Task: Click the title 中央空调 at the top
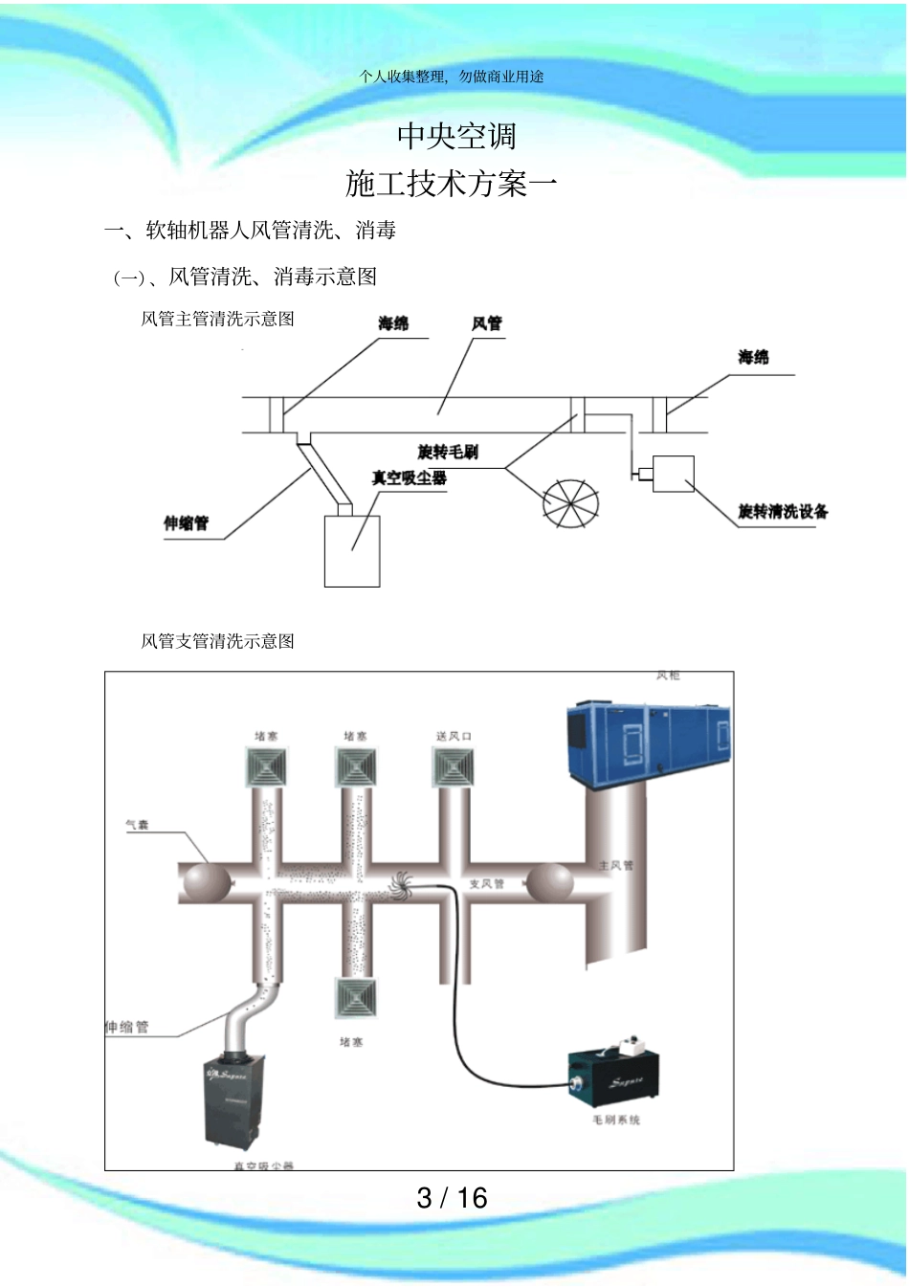pyautogui.click(x=456, y=136)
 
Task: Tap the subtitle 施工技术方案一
pyautogui.click(x=451, y=183)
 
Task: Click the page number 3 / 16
pyautogui.click(x=452, y=1197)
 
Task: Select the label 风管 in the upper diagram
pyautogui.click(x=486, y=324)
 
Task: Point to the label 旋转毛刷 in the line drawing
pyautogui.click(x=448, y=452)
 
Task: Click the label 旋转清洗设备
pyautogui.click(x=783, y=512)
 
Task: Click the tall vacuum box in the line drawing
pyautogui.click(x=352, y=551)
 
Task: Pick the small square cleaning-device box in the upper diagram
pyautogui.click(x=673, y=474)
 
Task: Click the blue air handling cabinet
pyautogui.click(x=649, y=743)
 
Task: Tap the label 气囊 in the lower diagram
pyautogui.click(x=137, y=824)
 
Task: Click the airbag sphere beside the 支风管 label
pyautogui.click(x=549, y=882)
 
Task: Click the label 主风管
pyautogui.click(x=615, y=865)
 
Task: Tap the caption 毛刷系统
pyautogui.click(x=615, y=1120)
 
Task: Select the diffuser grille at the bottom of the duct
pyautogui.click(x=355, y=999)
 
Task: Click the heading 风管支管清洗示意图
pyautogui.click(x=217, y=641)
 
